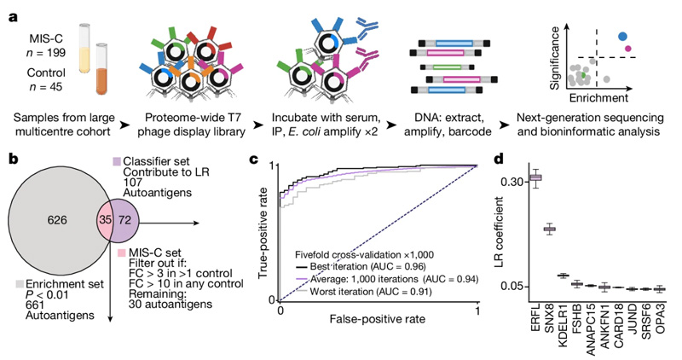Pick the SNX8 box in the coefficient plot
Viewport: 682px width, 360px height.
549,229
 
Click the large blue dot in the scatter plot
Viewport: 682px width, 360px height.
623,36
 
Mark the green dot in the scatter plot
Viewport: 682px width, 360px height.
582,77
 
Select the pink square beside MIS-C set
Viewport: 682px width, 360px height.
118,253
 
